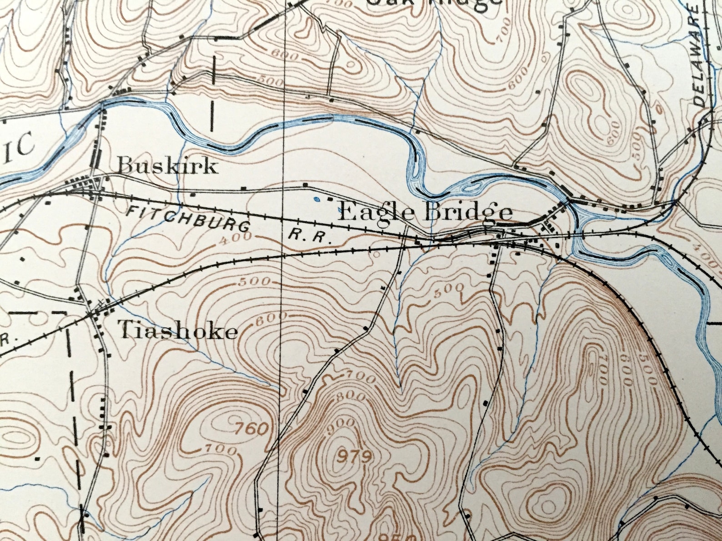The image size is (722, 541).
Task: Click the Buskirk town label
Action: tap(167, 166)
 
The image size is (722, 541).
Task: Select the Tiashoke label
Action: tap(178, 332)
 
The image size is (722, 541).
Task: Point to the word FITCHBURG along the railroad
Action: tap(187, 218)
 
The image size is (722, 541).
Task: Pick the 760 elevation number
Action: tap(252, 428)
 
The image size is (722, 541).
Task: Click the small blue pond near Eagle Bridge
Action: tap(317, 199)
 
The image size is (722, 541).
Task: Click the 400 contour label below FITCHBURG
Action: tap(235, 238)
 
